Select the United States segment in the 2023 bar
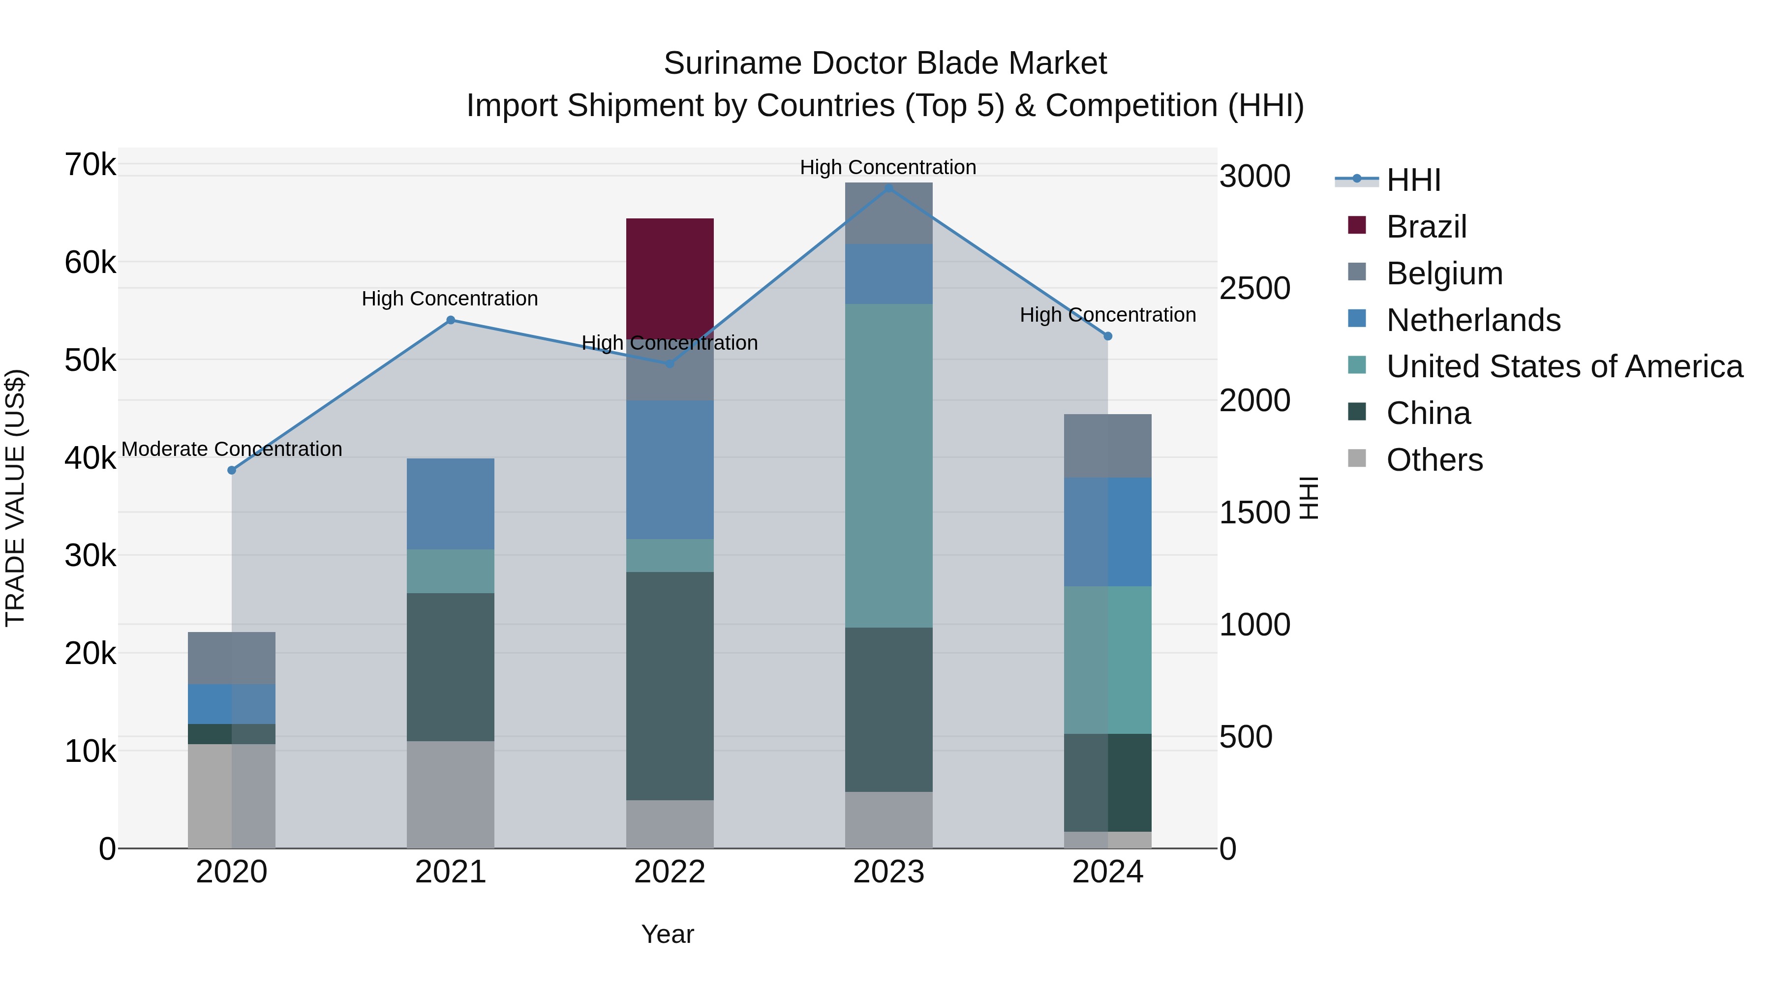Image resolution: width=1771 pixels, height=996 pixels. [888, 465]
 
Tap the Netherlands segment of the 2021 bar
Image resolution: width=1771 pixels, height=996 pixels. [450, 503]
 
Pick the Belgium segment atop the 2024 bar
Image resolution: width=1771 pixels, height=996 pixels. [1107, 446]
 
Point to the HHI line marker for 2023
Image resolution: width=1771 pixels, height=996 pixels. [888, 188]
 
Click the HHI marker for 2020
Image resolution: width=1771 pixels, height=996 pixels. [232, 470]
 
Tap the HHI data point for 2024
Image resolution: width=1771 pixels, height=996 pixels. [1107, 336]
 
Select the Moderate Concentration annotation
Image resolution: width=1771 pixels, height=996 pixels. [232, 449]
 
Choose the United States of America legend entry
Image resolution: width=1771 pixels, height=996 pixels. [1564, 366]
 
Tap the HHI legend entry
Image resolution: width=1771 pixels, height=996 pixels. [1413, 180]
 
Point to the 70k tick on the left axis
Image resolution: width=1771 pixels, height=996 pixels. [90, 165]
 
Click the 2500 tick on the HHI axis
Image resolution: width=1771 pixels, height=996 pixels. [1254, 288]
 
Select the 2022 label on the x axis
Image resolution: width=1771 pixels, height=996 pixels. [670, 872]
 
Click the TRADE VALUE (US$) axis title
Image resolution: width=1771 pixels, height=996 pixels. [16, 498]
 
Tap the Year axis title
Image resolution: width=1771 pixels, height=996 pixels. [668, 934]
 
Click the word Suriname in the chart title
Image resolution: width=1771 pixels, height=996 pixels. [732, 63]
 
